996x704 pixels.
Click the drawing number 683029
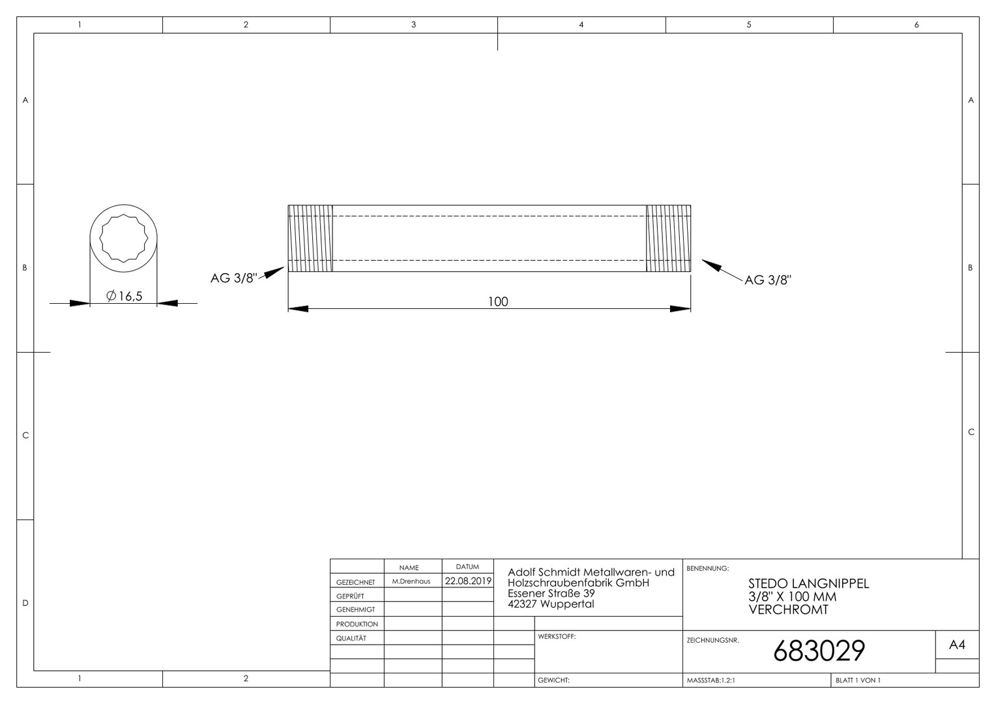point(819,651)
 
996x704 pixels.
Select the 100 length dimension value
point(498,302)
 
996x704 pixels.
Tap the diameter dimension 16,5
point(124,296)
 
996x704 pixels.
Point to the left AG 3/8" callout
point(234,278)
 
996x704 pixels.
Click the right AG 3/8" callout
point(769,280)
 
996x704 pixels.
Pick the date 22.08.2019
point(468,581)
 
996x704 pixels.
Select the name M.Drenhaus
point(411,581)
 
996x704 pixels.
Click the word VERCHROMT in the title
point(788,609)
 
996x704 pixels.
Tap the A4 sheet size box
point(958,645)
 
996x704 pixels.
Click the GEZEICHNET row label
point(356,582)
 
